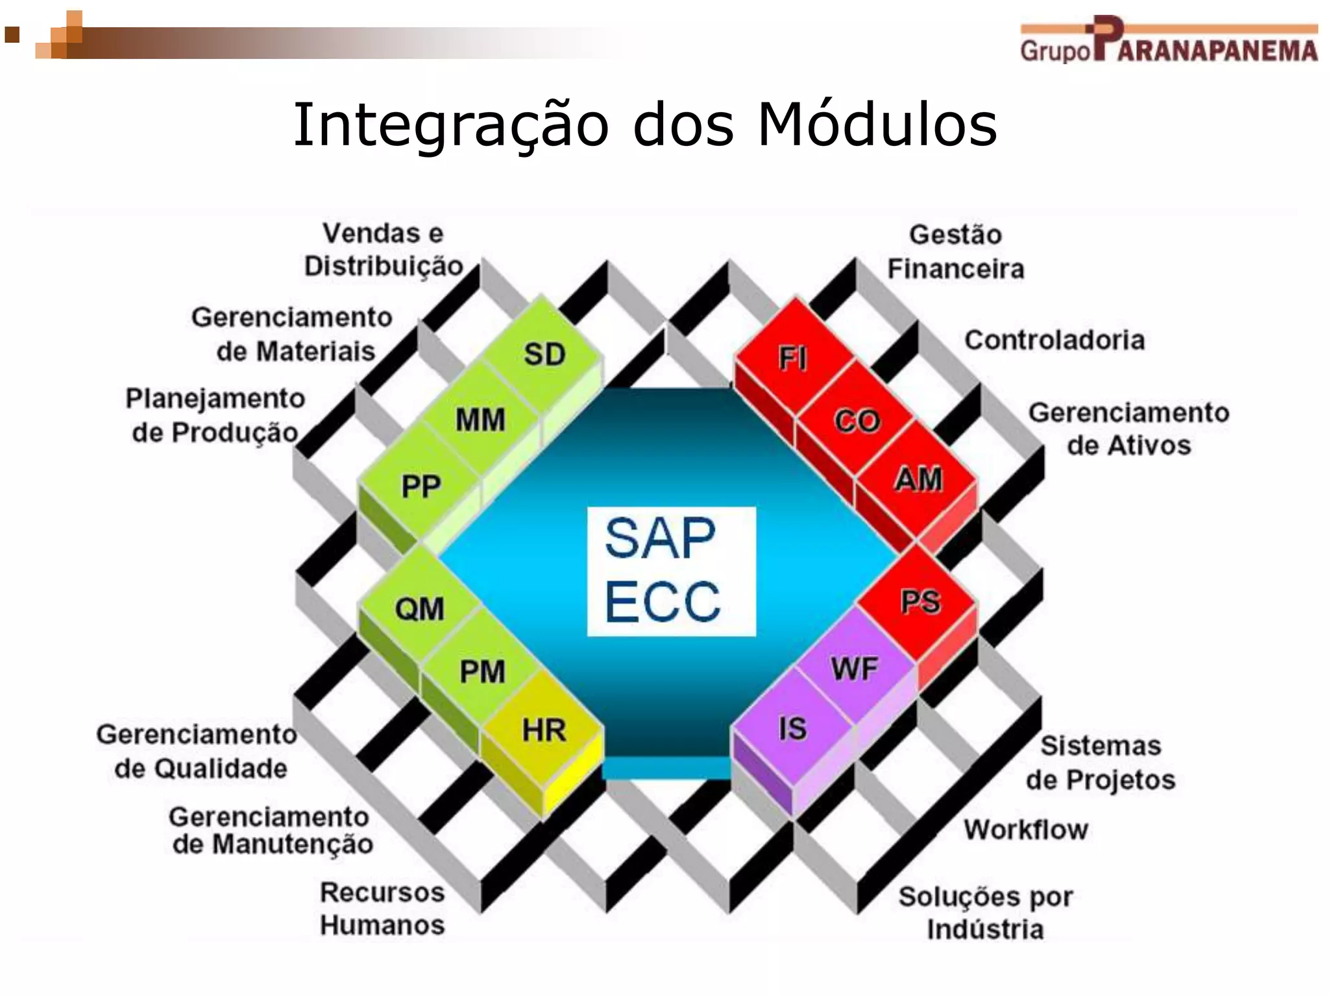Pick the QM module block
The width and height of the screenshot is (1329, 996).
(419, 609)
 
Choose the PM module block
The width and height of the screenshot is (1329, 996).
(482, 671)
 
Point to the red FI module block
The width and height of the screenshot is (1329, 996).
(793, 358)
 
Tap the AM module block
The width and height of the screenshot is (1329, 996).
(918, 480)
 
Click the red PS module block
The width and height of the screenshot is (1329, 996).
(920, 602)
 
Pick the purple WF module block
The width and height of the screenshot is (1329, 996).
(855, 668)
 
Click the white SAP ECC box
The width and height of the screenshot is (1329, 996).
(671, 571)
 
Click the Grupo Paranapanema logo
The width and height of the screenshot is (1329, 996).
(1168, 40)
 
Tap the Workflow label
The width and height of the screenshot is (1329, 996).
(1025, 829)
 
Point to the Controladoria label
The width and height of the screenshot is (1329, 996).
(1055, 340)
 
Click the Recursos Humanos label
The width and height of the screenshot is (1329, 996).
(382, 908)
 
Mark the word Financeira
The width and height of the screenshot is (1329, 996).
(955, 268)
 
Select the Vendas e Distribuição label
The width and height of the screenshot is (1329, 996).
(384, 250)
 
